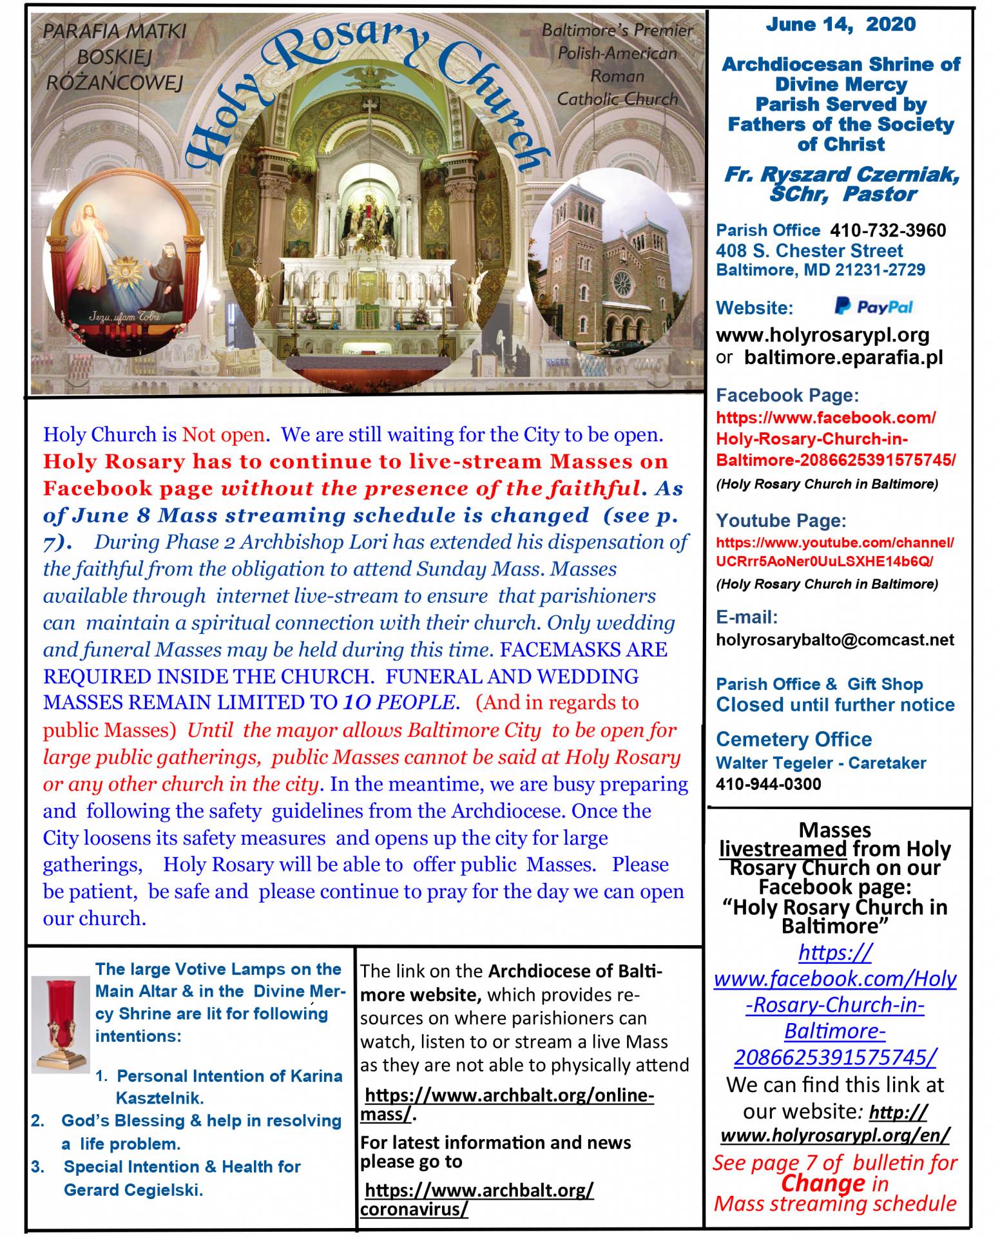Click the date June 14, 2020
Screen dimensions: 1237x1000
click(840, 25)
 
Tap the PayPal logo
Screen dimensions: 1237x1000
click(874, 307)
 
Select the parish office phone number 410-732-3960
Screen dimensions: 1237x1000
click(888, 231)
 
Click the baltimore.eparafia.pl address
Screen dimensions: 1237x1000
click(843, 358)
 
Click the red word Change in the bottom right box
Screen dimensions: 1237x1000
click(823, 1183)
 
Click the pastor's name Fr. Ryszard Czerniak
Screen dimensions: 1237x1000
click(841, 174)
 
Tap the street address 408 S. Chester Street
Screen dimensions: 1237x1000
click(809, 251)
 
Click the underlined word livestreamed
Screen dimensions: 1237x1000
click(782, 849)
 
